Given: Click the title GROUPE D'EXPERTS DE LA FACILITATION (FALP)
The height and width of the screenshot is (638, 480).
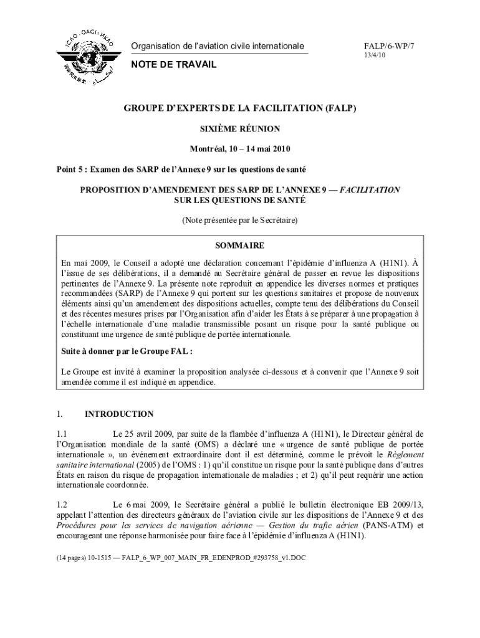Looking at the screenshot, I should click(x=239, y=108).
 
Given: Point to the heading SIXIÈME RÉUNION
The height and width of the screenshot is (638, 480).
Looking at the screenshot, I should click(x=239, y=129).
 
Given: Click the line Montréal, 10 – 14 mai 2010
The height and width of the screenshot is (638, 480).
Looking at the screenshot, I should click(x=240, y=150).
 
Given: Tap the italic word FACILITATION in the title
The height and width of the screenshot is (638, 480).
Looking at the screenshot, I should click(x=370, y=189).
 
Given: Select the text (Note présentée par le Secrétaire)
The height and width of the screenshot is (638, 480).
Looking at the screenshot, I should click(x=240, y=221).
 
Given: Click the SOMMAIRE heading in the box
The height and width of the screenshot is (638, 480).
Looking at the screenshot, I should click(x=240, y=245).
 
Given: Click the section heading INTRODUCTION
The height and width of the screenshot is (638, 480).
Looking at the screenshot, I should click(x=119, y=414).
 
